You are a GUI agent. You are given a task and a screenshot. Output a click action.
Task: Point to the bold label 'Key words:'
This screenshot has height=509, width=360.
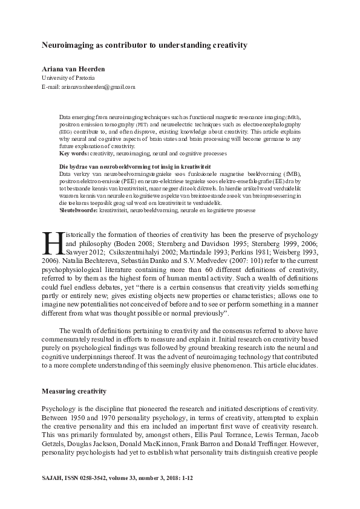click(74, 155)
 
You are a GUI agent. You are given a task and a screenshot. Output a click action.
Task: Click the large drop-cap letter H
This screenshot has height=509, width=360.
click(50, 242)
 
